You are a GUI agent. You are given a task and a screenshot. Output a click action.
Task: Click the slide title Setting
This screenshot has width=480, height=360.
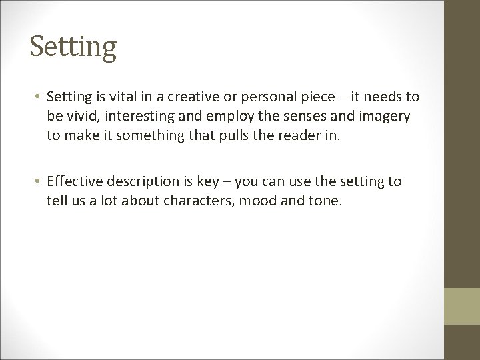(x=73, y=47)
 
